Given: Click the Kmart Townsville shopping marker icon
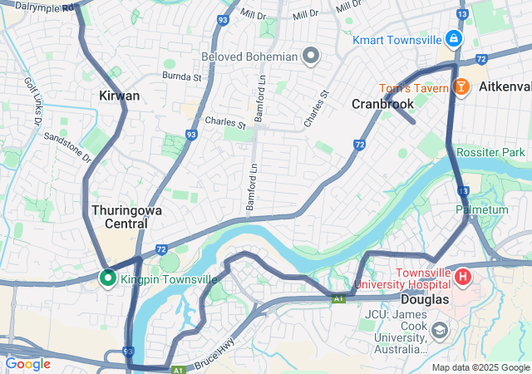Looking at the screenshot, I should click(x=453, y=38).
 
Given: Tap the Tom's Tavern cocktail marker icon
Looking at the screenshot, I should click(x=460, y=86).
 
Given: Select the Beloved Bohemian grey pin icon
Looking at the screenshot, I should click(x=311, y=57).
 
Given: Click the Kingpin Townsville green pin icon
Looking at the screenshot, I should click(x=107, y=278).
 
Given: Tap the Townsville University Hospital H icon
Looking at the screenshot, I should click(x=463, y=275).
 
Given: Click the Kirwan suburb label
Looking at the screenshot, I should click(x=119, y=96).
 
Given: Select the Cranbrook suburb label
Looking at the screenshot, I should click(x=382, y=104).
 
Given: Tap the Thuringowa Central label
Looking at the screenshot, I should click(x=126, y=217).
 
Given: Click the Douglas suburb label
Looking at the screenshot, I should click(x=424, y=299).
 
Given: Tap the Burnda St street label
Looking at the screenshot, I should click(x=182, y=77).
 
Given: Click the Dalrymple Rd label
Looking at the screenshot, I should click(x=40, y=7).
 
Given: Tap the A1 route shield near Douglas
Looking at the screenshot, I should click(x=338, y=298).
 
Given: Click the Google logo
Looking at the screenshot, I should click(x=27, y=363).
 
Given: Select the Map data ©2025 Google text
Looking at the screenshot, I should click(x=480, y=367).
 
